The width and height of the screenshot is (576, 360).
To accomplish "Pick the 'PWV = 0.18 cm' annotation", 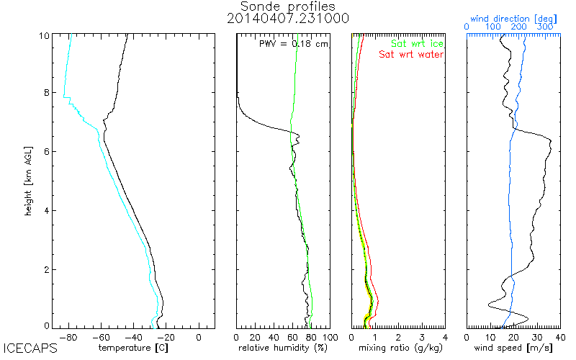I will [x=293, y=44].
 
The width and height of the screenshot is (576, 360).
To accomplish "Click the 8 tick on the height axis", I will [x=46, y=93].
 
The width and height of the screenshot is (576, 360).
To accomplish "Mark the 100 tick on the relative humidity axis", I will [x=329, y=336].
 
